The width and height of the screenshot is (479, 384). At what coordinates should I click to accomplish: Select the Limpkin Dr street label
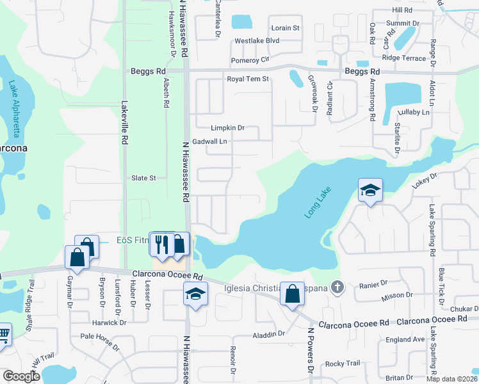coord(228,128)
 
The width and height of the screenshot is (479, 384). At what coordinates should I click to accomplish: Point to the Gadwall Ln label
coord(210,141)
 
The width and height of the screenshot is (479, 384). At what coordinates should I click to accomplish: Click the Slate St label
coord(143,178)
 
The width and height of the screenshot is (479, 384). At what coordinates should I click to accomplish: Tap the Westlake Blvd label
coord(257,40)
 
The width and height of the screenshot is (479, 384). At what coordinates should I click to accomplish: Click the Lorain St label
coord(286,28)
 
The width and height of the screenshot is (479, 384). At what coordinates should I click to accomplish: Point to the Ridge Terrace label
coord(404,58)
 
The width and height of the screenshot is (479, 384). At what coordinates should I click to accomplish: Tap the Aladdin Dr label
coord(268,334)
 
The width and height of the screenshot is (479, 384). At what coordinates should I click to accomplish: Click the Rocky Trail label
coord(339,364)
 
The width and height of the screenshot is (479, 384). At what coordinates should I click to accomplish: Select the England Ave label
coord(405,339)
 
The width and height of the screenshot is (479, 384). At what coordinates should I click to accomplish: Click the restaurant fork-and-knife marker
coord(160,244)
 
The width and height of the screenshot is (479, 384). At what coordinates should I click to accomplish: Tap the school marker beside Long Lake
coord(370,191)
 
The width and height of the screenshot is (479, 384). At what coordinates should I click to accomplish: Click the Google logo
coord(21,377)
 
